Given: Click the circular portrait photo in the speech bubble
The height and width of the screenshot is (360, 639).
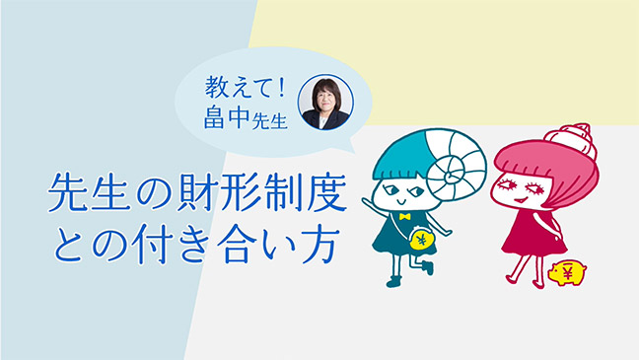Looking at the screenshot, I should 325,102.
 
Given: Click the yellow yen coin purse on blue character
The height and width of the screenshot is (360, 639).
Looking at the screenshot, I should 421,239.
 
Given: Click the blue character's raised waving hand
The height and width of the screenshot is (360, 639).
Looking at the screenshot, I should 369,204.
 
